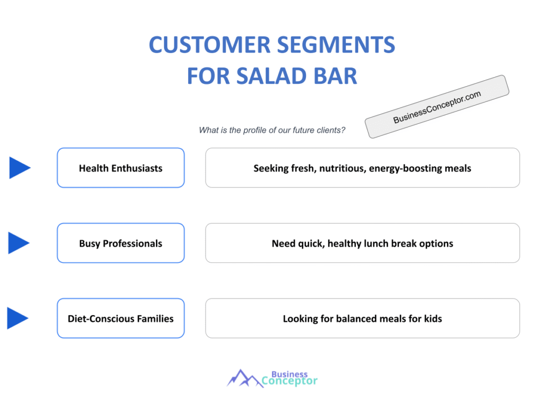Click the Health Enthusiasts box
pos(121,168)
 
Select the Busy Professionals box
pos(121,243)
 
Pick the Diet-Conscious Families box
pos(121,319)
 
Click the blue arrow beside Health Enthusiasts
pos(20,168)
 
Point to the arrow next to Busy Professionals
pos(19,243)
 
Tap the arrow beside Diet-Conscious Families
pos(18,319)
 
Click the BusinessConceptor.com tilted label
pos(437,107)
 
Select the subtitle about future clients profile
pos(272,130)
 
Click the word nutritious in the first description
pos(341,168)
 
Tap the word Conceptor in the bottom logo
pos(290,381)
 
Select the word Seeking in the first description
pos(271,168)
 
